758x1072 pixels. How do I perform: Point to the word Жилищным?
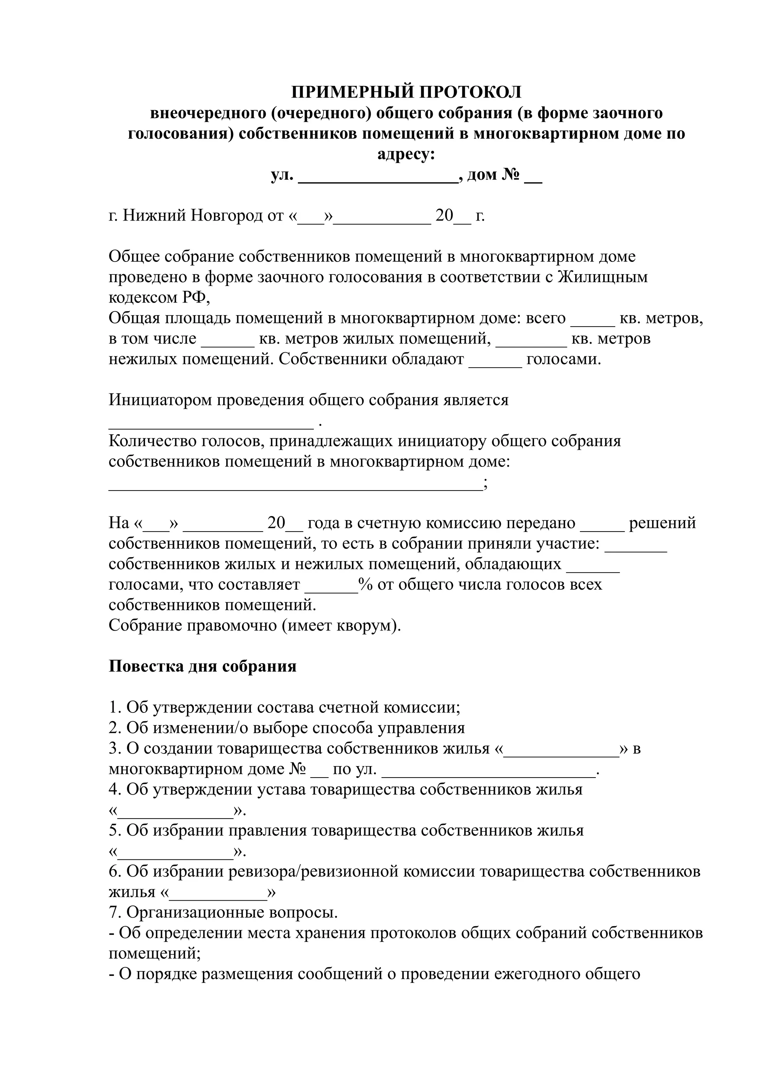coord(603,277)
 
